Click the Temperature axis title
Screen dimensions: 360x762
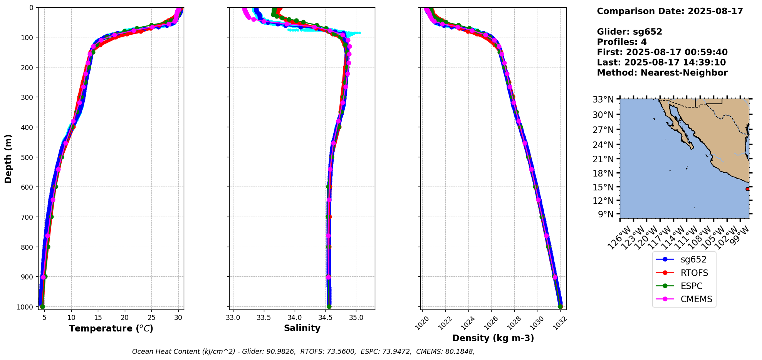point(111,328)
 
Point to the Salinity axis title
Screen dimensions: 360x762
point(302,328)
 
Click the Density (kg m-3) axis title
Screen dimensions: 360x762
point(493,338)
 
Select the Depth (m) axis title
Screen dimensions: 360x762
point(8,158)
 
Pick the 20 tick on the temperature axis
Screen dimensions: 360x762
point(125,318)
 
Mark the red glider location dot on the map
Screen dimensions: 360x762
point(747,189)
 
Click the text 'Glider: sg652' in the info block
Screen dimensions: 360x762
point(629,32)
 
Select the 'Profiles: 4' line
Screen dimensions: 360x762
point(622,42)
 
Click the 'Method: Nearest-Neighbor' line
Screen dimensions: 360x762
point(662,73)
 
